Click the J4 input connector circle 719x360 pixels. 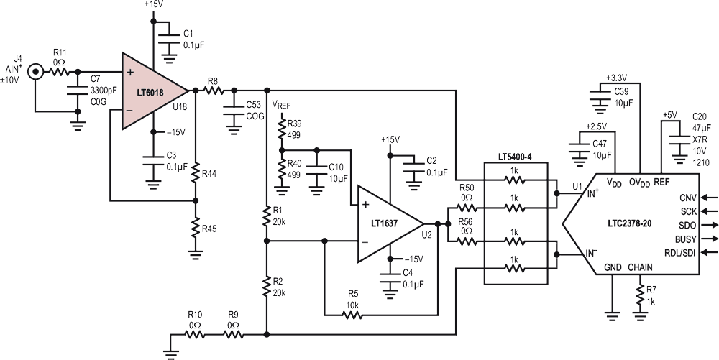pos(35,72)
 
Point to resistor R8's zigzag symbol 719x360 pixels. pos(214,91)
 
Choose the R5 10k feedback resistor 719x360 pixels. pos(352,315)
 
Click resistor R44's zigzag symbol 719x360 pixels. pos(196,174)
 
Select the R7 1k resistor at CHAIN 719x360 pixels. pos(639,294)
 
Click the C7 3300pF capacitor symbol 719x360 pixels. pos(78,91)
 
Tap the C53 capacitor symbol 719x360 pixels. pos(234,109)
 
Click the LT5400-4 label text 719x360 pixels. pos(516,157)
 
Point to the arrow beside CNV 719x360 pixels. pos(709,198)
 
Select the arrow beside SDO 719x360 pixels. pos(709,225)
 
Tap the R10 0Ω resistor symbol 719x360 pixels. pos(195,335)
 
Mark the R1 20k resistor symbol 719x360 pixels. pos(267,216)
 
